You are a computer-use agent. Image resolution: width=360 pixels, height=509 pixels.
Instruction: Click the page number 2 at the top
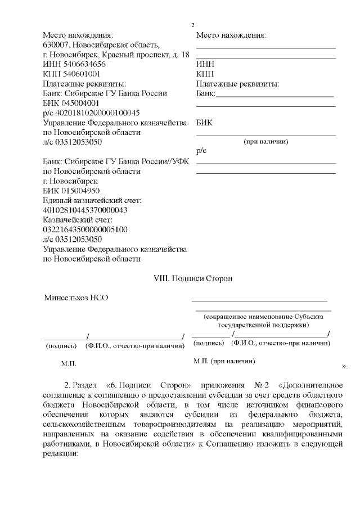point(192,25)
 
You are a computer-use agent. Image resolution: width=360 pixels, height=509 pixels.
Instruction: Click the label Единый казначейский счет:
point(92,200)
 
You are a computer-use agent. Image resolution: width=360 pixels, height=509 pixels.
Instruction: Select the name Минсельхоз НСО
point(76,298)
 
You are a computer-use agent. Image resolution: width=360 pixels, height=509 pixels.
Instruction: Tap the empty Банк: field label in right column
point(206,94)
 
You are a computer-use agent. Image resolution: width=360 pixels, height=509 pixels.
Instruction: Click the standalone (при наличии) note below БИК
point(265,142)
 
